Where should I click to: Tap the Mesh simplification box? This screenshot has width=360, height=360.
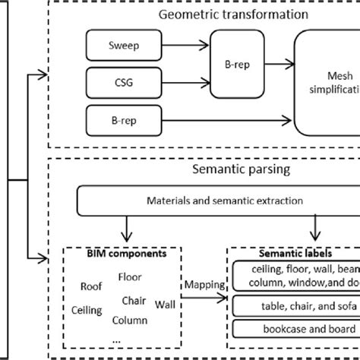(x=327, y=88)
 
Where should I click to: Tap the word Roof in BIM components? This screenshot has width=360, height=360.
(x=92, y=286)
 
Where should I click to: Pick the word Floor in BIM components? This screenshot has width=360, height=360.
(x=130, y=277)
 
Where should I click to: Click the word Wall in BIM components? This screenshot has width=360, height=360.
(x=164, y=304)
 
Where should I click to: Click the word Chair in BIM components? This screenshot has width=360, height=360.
(x=134, y=300)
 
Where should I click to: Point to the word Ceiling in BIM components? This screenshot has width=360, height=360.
(x=87, y=310)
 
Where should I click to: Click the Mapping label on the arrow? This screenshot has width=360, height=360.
(x=204, y=286)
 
